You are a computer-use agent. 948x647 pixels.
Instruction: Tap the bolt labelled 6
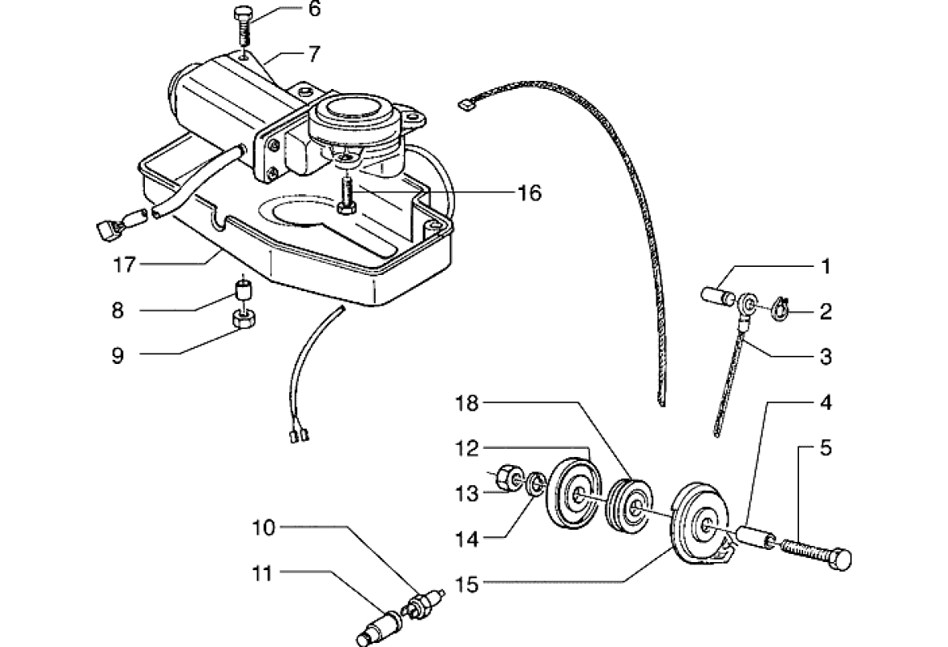click(x=243, y=24)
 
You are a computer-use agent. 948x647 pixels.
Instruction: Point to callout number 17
click(x=124, y=264)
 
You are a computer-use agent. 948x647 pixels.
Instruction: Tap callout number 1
click(x=825, y=266)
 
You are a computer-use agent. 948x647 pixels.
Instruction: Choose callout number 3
click(x=825, y=356)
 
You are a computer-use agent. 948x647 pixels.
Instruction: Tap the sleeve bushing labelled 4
click(x=759, y=539)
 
